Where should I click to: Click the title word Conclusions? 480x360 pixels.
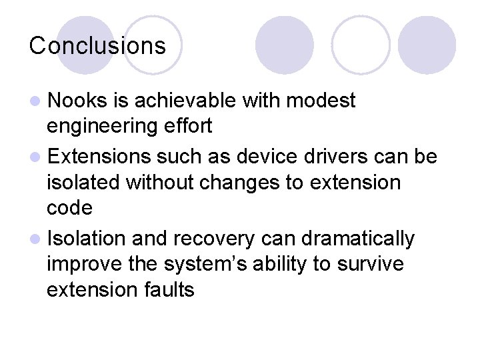97,46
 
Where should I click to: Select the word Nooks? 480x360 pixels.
77,101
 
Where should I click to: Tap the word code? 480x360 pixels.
69,208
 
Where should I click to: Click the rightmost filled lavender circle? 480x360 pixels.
427,45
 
